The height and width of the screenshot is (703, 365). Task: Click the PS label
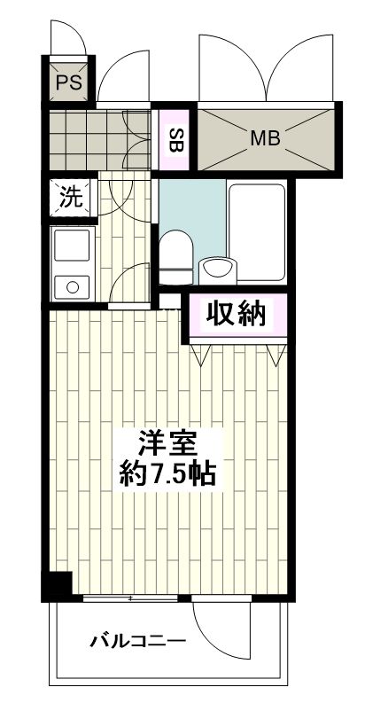point(68,83)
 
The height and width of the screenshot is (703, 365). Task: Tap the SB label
point(175,139)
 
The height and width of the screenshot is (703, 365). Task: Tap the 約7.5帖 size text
point(167,472)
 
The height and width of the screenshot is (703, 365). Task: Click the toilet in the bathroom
point(176,252)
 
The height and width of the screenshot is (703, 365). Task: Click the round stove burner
point(71,285)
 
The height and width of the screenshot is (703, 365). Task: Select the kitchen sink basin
point(71,246)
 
